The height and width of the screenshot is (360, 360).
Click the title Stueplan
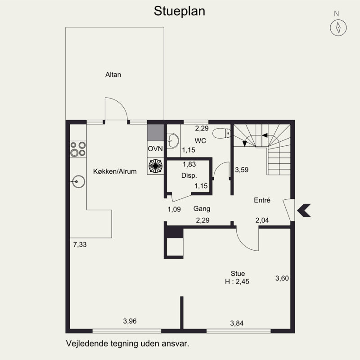180,11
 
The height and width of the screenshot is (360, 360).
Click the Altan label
113,75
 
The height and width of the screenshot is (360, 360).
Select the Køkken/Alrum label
115,171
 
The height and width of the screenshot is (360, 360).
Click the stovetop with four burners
78,149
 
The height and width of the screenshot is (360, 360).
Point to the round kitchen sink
78,182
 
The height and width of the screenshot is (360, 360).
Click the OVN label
154,148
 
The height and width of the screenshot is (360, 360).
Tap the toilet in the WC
221,134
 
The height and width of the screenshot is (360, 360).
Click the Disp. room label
189,175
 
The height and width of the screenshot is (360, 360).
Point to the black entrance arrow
304,210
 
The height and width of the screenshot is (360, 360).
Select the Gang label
202,209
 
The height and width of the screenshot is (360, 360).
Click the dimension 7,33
80,244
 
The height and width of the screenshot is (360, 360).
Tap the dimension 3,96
130,321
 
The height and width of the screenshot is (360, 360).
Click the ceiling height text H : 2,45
237,282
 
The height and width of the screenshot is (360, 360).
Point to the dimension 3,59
242,170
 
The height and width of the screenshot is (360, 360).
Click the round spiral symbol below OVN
155,166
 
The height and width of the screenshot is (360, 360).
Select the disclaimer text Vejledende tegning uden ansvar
127,343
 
